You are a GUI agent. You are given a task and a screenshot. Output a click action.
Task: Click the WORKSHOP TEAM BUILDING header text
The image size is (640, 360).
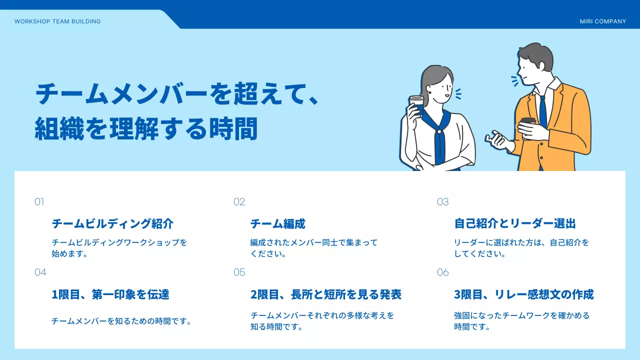(57, 21)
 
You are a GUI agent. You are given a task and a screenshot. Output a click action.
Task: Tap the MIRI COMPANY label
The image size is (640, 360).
(602, 21)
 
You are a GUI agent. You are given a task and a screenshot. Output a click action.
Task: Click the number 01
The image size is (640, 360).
(39, 202)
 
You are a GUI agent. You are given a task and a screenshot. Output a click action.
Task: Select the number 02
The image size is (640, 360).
(239, 202)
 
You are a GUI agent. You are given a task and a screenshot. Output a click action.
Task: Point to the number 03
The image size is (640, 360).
(442, 202)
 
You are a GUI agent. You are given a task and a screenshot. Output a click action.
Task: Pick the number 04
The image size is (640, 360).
(40, 272)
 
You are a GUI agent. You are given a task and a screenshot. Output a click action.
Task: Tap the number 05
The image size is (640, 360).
(239, 272)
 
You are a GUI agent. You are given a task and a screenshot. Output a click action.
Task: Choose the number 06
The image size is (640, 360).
(442, 272)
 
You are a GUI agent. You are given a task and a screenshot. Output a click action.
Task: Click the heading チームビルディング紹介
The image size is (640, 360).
(112, 223)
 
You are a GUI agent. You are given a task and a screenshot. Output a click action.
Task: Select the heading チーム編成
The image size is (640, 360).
(277, 223)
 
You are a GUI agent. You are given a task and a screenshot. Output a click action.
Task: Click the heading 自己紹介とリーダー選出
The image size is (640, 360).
(515, 223)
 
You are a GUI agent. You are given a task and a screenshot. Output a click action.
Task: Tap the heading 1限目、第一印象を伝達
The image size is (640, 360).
(110, 294)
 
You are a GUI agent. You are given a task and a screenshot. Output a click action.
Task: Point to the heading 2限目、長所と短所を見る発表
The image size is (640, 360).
(325, 294)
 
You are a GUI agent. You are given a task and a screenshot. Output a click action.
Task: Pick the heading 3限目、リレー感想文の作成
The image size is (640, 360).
(523, 294)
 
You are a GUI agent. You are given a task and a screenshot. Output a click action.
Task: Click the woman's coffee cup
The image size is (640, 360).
(416, 103)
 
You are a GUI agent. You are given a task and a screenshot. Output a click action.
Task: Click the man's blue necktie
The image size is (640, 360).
(543, 112)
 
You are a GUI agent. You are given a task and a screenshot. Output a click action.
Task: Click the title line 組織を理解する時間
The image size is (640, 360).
(146, 129)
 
